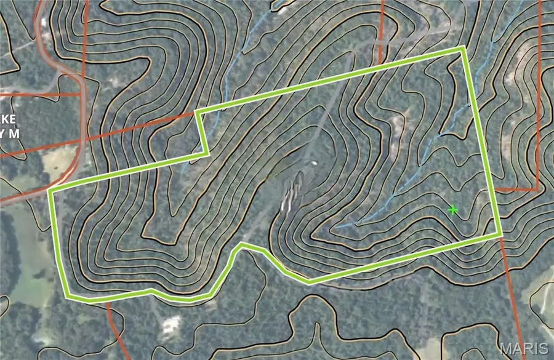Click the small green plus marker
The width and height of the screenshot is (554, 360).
click(x=454, y=210)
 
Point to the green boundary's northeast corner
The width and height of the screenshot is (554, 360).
click(x=464, y=48)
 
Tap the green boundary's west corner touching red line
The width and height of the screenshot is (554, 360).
click(x=50, y=191)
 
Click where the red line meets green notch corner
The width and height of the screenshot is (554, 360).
click(x=196, y=113)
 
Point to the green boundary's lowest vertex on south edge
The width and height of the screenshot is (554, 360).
click(x=310, y=282)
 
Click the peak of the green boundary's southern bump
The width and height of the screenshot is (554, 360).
click(x=242, y=245)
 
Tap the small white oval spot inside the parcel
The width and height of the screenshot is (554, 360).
click(x=314, y=163)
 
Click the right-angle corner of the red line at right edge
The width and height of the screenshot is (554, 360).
click(x=538, y=189)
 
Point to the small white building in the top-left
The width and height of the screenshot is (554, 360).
click(x=44, y=23)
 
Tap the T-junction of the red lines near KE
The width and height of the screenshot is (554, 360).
click(x=81, y=94)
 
